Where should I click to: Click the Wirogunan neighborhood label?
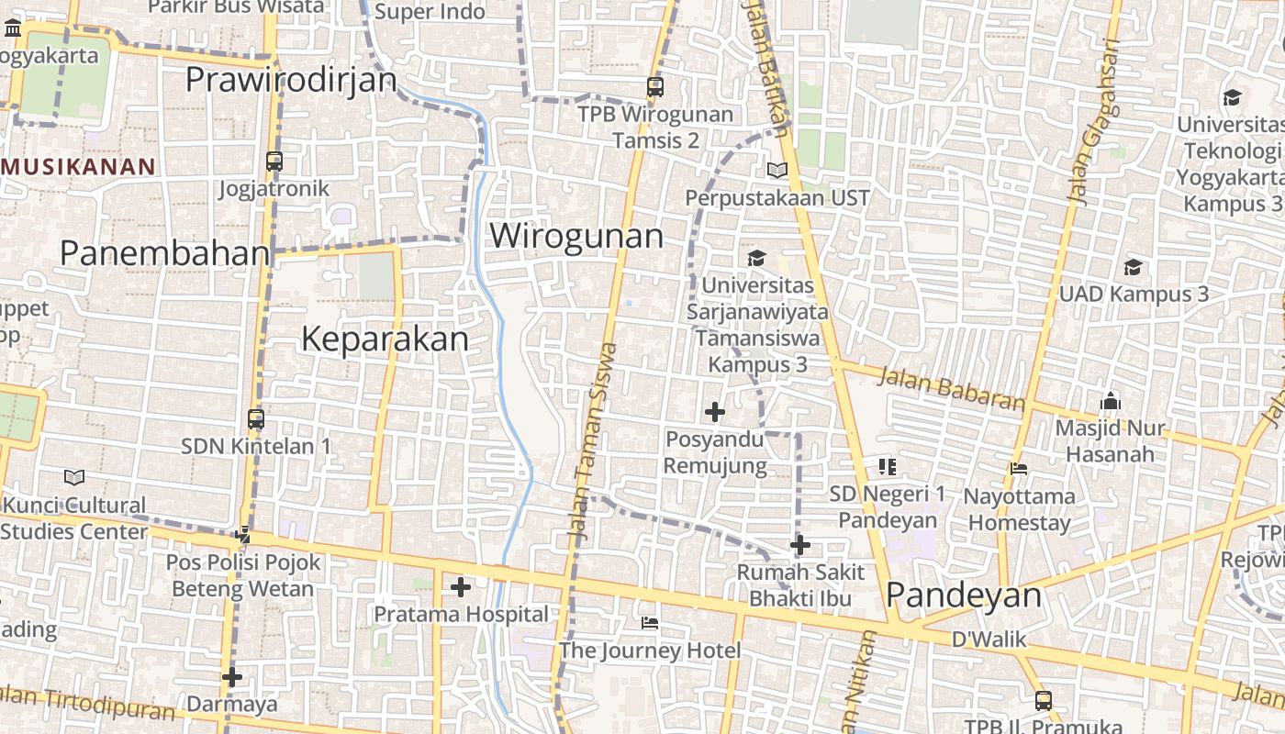coord(576,236)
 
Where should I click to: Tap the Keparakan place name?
coord(385,339)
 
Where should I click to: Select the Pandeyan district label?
coord(964,595)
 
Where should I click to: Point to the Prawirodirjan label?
coord(291,80)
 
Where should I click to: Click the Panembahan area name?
coord(165,253)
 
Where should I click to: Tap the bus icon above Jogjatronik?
coord(274,161)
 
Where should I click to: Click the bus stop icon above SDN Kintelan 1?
coord(256,419)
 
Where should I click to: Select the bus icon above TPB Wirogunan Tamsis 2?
coord(654,87)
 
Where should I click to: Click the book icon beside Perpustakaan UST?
coord(777,170)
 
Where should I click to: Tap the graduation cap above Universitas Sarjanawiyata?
coord(756,259)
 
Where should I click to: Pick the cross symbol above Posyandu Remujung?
coord(714,411)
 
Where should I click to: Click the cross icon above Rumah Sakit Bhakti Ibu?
coord(800,545)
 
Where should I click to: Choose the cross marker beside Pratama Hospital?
coord(461,586)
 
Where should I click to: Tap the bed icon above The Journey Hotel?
coord(650,624)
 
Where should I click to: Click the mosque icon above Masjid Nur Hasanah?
coord(1110,401)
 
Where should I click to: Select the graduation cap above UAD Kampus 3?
coord(1133,267)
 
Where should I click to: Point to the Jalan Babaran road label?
coord(952,389)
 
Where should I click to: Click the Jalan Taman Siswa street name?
coord(593,440)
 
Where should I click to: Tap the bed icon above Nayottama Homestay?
coord(1018,469)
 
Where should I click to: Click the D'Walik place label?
coord(989,639)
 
